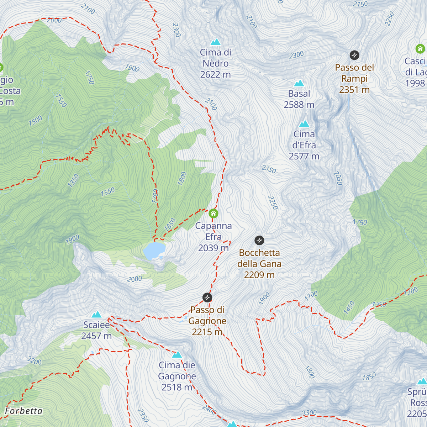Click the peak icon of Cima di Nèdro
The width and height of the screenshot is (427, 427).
tap(215, 42)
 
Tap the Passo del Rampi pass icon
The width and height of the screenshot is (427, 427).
tap(354, 55)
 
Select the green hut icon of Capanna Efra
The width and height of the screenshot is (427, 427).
tap(213, 213)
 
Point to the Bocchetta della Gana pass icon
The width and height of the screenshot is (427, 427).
tap(259, 241)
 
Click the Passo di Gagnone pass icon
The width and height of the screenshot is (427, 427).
tap(207, 297)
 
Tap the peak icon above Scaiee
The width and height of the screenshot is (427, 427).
tap(96, 315)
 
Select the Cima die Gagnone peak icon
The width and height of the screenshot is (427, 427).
tap(177, 355)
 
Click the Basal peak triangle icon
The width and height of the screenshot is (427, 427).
tap(299, 83)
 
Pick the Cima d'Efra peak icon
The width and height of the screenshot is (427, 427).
tap(304, 124)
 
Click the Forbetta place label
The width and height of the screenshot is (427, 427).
tap(23, 411)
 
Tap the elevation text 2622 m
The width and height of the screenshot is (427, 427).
tap(215, 75)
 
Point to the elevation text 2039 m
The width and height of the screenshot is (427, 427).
tap(213, 248)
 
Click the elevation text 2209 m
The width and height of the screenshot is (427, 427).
tap(259, 275)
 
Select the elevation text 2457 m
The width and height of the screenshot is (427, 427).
tap(96, 336)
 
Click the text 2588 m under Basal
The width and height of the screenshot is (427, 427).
tap(299, 105)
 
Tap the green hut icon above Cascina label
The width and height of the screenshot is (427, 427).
tap(420, 49)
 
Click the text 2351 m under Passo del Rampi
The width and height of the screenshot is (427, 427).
tap(354, 90)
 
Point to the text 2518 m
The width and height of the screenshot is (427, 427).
tap(177, 388)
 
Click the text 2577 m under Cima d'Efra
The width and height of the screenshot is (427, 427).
tap(304, 157)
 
